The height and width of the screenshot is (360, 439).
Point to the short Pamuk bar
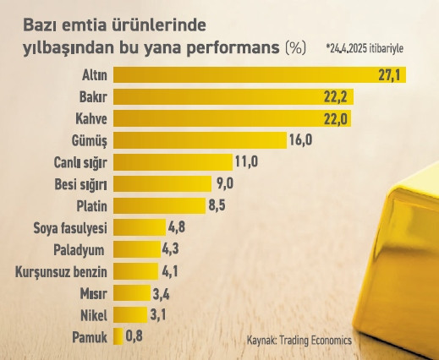118,337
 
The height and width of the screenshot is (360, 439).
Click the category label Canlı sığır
78,161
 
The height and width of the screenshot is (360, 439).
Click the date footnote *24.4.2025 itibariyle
364,48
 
